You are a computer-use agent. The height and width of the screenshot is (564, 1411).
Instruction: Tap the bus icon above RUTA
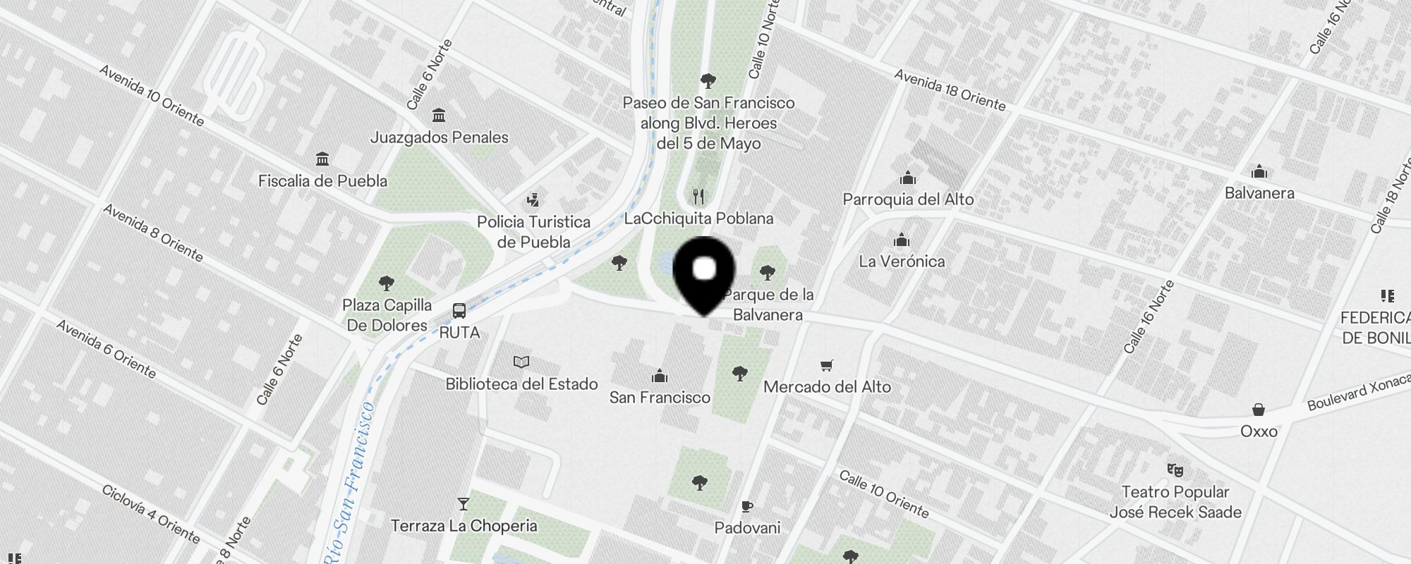click(x=459, y=310)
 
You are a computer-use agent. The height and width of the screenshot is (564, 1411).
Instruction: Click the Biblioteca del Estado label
click(x=521, y=384)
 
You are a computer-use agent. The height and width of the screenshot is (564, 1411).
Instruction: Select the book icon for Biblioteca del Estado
click(x=521, y=362)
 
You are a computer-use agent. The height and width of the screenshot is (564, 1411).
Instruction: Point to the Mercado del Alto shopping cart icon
click(x=827, y=365)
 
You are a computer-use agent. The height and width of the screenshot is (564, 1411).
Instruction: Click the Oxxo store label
click(x=1259, y=431)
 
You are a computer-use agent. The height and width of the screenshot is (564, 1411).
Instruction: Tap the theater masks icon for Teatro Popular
click(x=1175, y=470)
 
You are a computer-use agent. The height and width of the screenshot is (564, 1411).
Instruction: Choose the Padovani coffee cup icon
click(x=747, y=506)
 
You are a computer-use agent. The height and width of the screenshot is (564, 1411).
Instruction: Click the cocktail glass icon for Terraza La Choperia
click(x=464, y=504)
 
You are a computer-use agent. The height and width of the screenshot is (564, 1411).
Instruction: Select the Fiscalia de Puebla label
click(x=322, y=181)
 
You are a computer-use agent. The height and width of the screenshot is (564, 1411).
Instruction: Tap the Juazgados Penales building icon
click(x=439, y=115)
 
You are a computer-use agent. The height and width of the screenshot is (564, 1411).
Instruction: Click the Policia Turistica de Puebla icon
click(x=533, y=200)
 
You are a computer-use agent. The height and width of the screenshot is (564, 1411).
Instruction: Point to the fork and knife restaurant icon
click(x=698, y=196)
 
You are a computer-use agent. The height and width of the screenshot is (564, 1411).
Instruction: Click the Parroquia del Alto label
click(x=908, y=200)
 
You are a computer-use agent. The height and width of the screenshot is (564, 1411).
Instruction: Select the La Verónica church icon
click(x=902, y=240)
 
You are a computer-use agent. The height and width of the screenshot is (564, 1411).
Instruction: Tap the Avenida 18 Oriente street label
click(x=950, y=90)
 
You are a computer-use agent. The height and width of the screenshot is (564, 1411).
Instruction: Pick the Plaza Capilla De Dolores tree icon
click(x=387, y=283)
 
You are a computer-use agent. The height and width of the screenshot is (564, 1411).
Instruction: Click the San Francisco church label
click(x=660, y=398)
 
